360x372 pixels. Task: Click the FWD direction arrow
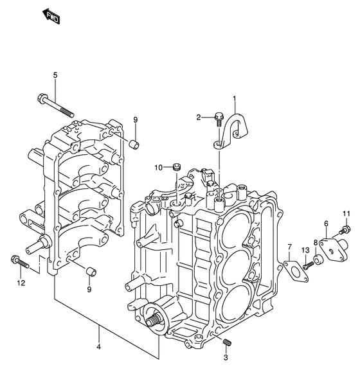51,17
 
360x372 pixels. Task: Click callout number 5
55,75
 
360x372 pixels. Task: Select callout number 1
235,98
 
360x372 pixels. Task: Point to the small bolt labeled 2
219,120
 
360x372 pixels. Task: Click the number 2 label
199,117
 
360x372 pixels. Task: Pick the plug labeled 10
177,166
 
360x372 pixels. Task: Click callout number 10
159,168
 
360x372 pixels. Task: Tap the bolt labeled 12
20,261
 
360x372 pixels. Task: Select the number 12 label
21,283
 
